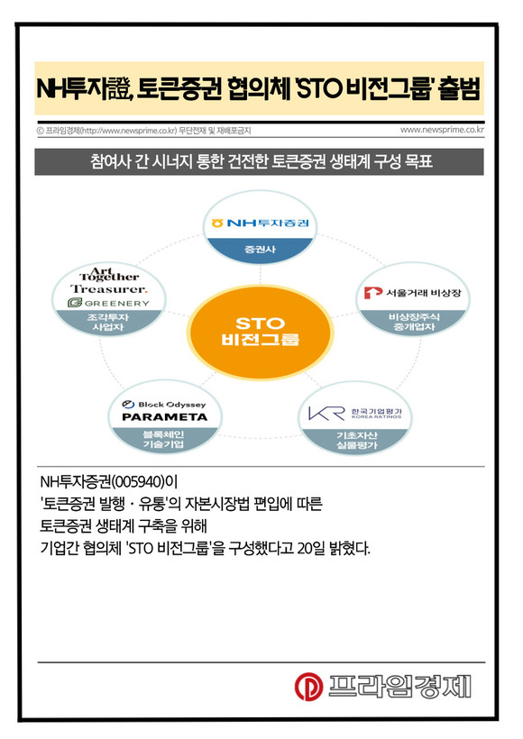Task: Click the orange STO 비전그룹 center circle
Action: [x=261, y=333]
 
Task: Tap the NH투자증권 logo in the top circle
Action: [x=260, y=223]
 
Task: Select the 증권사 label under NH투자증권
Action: [x=260, y=249]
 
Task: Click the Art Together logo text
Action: [x=109, y=274]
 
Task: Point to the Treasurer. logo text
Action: [x=108, y=289]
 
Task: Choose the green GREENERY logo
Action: [x=108, y=303]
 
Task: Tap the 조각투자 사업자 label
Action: [x=108, y=323]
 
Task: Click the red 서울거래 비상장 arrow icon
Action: [x=372, y=293]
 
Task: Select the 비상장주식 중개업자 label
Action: [x=414, y=322]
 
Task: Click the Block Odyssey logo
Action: [x=164, y=405]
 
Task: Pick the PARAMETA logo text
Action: [x=165, y=417]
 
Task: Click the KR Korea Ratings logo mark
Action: [x=326, y=414]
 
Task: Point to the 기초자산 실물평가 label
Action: [x=356, y=440]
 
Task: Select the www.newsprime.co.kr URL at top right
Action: [x=442, y=130]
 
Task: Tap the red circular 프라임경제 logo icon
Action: [x=308, y=686]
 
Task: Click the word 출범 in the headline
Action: [x=459, y=88]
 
